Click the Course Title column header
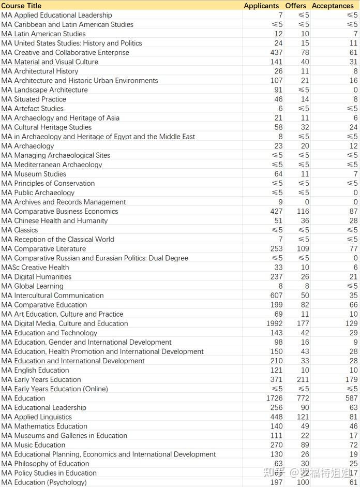[x=21, y=6]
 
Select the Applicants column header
[x=261, y=6]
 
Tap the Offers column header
[x=296, y=6]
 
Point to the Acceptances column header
[x=333, y=6]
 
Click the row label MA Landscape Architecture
[x=44, y=90]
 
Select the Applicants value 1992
[x=274, y=323]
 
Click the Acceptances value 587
[x=351, y=398]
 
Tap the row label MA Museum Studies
[x=34, y=174]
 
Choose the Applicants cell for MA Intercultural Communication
[x=276, y=296]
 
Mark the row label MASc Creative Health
[x=35, y=268]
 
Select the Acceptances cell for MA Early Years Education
[x=351, y=379]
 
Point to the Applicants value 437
[x=276, y=52]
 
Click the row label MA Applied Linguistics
[x=36, y=417]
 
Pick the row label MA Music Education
[x=33, y=445]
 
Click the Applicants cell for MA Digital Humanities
[x=276, y=277]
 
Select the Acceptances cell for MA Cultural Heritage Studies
[x=353, y=127]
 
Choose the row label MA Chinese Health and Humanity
[x=54, y=220]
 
